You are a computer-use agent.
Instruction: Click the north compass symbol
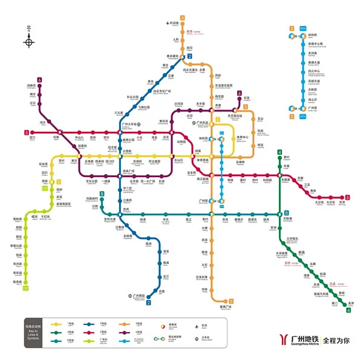tap(29, 41)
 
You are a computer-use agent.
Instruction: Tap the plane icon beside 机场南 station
tap(167, 24)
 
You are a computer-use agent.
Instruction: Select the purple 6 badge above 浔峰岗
tap(40, 80)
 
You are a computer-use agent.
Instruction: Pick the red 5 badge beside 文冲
tap(347, 197)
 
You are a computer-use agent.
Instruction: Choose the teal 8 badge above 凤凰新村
tap(102, 194)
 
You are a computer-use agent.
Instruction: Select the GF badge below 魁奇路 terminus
tap(25, 289)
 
